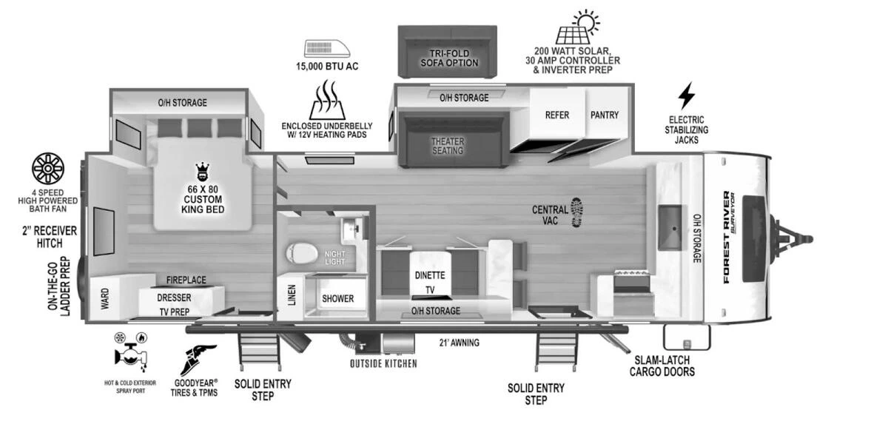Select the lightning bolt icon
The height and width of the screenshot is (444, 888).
pos(687,95)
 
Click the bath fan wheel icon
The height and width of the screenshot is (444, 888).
pos(48,169)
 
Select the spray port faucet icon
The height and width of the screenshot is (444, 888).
pos(130,354)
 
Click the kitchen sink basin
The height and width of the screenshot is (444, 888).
pos(672,220)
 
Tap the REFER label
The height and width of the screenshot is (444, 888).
pos(556,115)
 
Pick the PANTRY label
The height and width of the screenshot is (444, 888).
pos(604,115)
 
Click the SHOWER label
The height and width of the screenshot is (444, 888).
pos(337,299)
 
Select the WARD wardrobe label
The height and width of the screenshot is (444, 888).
pos(104,299)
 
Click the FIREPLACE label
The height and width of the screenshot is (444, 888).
pos(186,280)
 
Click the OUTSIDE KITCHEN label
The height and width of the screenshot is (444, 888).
pos(383,363)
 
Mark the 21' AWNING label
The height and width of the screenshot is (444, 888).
pos(459,343)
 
